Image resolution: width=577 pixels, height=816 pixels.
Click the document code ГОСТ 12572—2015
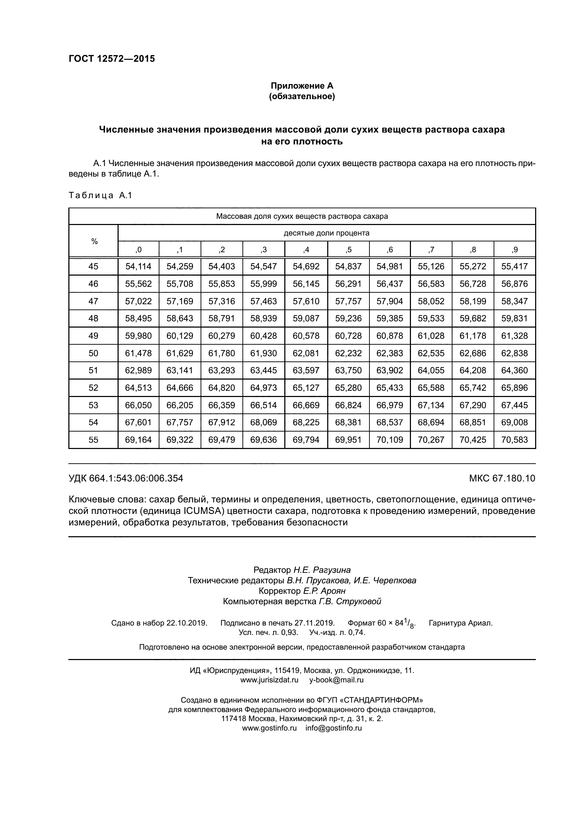[112, 59]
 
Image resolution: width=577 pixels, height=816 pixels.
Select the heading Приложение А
[302, 86]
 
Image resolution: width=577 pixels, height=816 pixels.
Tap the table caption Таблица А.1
[100, 195]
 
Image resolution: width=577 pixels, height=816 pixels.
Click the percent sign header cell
[94, 241]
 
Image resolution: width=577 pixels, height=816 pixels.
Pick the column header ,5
[348, 249]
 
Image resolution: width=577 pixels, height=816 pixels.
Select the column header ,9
[515, 249]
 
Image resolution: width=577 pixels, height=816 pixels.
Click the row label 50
[93, 353]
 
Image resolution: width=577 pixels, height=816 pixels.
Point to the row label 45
[93, 266]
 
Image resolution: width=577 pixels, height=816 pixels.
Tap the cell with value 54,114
[138, 266]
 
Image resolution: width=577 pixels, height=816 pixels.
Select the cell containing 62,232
[348, 353]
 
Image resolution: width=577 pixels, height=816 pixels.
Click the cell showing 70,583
[515, 440]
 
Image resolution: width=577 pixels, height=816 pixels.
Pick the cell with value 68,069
[263, 422]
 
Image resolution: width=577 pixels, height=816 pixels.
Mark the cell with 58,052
[431, 301]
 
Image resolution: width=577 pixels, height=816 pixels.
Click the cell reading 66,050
[138, 405]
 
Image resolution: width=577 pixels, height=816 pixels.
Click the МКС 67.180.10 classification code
[502, 478]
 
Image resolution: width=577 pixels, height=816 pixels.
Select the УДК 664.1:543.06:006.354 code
[126, 478]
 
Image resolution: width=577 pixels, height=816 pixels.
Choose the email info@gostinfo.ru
[333, 727]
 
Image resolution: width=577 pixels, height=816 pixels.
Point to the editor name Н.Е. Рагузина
[322, 570]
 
